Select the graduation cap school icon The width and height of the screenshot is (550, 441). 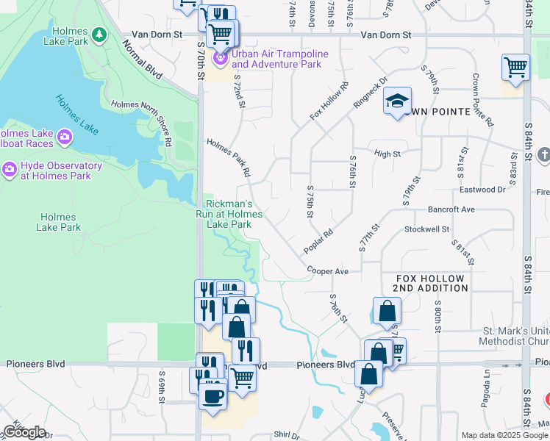tap(396, 101)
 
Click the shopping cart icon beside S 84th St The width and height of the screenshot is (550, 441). tap(515, 68)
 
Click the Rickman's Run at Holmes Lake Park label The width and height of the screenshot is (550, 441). tap(229, 214)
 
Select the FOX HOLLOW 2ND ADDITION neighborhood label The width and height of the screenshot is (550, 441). tap(431, 283)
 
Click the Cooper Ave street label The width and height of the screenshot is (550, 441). tap(328, 270)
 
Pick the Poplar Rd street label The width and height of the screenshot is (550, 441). tap(318, 240)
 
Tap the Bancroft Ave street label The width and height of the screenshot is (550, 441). tap(451, 209)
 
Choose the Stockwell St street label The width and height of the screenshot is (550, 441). tap(426, 229)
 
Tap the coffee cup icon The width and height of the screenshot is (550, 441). tap(213, 395)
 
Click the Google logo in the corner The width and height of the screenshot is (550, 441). tap(24, 431)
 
